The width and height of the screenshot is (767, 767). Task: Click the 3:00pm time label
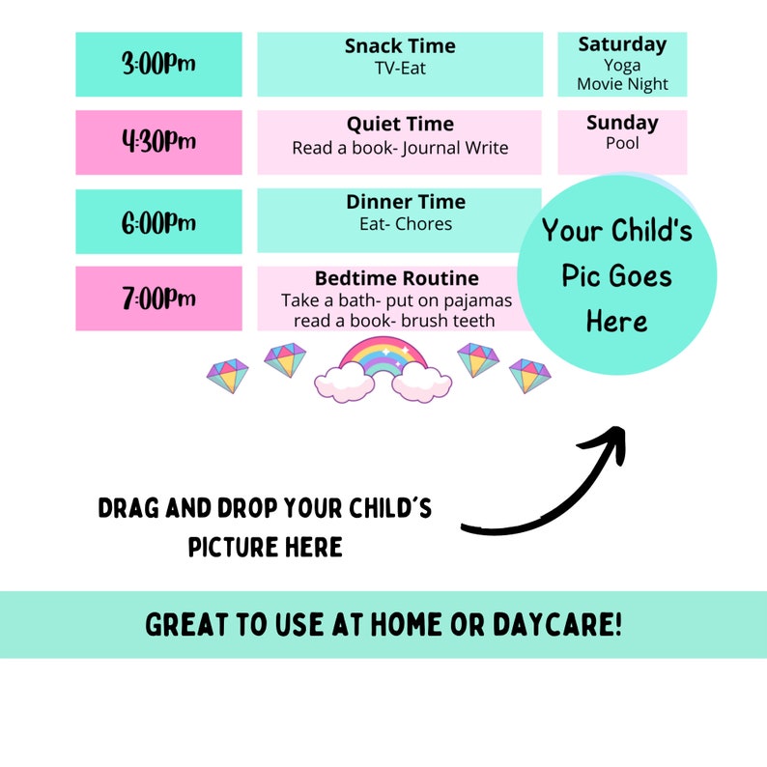pyautogui.click(x=158, y=65)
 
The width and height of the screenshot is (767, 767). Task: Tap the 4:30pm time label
pyautogui.click(x=158, y=142)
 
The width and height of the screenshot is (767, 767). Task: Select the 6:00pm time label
pyautogui.click(x=158, y=222)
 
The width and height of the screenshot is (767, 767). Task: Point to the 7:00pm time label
pyautogui.click(x=158, y=298)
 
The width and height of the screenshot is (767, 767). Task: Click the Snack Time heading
pyautogui.click(x=400, y=46)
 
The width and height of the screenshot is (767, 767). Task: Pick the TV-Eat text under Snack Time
pyautogui.click(x=400, y=69)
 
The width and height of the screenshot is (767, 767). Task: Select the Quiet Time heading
pyautogui.click(x=400, y=125)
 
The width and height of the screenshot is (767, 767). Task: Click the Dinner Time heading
pyautogui.click(x=406, y=202)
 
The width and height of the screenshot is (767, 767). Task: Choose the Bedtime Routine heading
pyautogui.click(x=397, y=279)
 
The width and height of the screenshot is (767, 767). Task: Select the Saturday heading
pyautogui.click(x=622, y=44)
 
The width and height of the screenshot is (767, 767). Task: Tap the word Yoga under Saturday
pyautogui.click(x=622, y=65)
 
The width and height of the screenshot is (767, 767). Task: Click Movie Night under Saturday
pyautogui.click(x=622, y=84)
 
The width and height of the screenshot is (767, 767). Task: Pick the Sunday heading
pyautogui.click(x=622, y=123)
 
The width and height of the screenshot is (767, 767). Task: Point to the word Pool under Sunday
pyautogui.click(x=622, y=143)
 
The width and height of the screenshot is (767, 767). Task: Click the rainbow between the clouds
pyautogui.click(x=383, y=358)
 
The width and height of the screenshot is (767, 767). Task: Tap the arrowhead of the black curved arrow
pyautogui.click(x=613, y=439)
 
